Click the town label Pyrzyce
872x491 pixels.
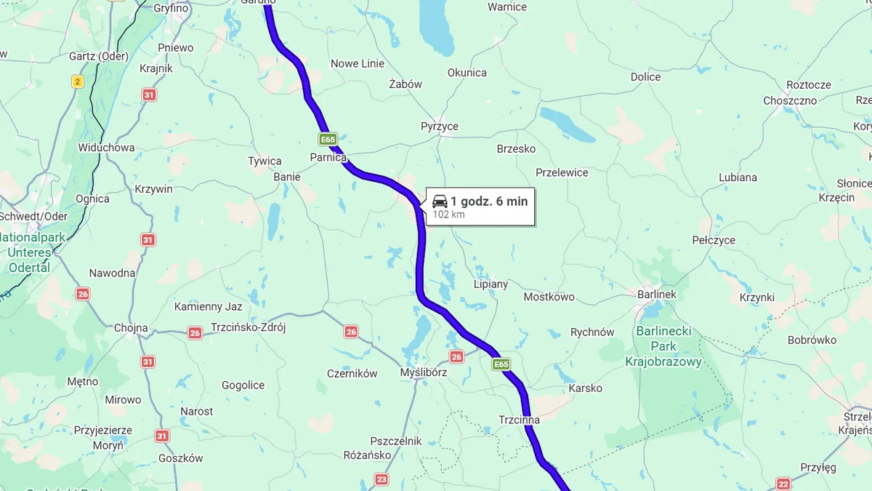point(439,127)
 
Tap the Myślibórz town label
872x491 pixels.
point(424,372)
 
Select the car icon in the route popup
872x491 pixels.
point(440,201)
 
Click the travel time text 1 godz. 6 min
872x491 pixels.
point(489,201)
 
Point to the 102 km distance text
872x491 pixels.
point(448,215)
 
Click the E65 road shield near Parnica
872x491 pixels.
point(328,139)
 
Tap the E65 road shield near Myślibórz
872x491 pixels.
point(501,364)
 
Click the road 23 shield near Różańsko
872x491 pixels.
point(382,479)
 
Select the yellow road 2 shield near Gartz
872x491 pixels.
point(78,81)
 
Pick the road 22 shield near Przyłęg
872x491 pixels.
point(783,484)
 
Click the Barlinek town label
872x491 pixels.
point(656,295)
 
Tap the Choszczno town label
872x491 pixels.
point(790,101)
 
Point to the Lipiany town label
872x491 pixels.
point(490,284)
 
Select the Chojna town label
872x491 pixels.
point(131,328)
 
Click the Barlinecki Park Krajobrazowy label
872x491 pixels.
point(663,347)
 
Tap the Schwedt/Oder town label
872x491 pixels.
point(33,217)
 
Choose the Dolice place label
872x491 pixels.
point(645,77)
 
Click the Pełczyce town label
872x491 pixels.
point(713,240)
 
